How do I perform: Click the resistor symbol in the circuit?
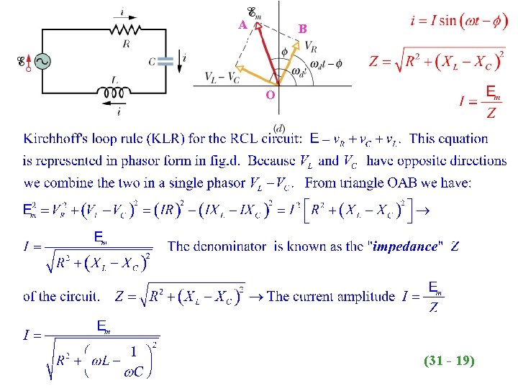click(127, 29)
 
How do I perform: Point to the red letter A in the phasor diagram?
click(243, 24)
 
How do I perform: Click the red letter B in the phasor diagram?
click(303, 29)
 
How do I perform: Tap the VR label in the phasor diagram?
click(311, 45)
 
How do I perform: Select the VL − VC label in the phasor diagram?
click(222, 76)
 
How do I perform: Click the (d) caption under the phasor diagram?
click(278, 127)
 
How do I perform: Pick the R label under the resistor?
click(126, 44)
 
